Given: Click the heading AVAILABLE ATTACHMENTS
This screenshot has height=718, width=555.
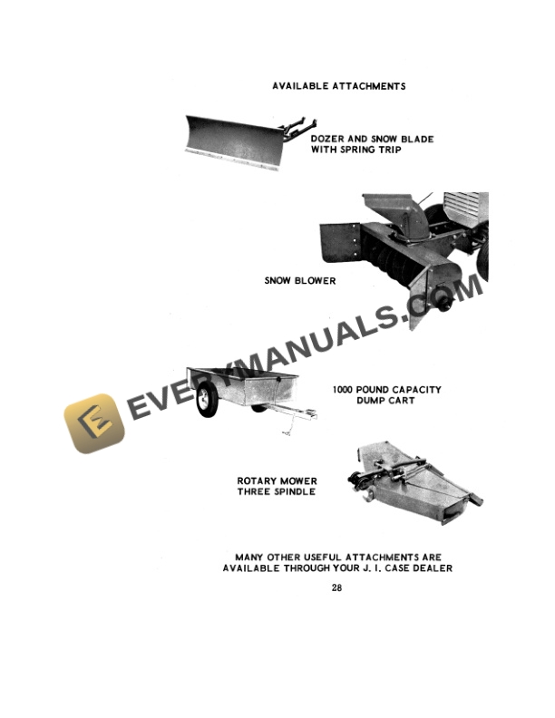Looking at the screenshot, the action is (x=339, y=86).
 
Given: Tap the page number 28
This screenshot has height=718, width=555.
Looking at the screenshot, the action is (x=336, y=587).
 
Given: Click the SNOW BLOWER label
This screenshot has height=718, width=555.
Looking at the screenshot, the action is (x=300, y=281).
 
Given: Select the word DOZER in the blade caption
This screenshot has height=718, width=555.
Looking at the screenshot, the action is (x=327, y=139).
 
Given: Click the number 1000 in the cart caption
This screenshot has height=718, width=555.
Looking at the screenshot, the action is (x=343, y=390).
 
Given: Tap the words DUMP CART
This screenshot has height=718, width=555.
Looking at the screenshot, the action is (x=385, y=400).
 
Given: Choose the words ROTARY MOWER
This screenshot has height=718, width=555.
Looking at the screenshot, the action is (x=277, y=480).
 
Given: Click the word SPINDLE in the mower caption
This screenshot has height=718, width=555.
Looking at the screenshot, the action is (x=295, y=491).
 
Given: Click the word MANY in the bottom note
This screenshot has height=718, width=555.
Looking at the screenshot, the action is (x=249, y=558).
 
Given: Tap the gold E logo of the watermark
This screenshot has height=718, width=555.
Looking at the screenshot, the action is (x=94, y=423).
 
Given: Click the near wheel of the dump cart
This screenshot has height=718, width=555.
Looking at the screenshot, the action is (x=207, y=400).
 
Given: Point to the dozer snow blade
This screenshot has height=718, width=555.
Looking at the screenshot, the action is (x=235, y=143).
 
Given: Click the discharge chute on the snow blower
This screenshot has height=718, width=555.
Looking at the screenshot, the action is (x=398, y=215).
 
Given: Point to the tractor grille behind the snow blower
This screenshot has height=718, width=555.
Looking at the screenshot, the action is (x=465, y=209).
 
